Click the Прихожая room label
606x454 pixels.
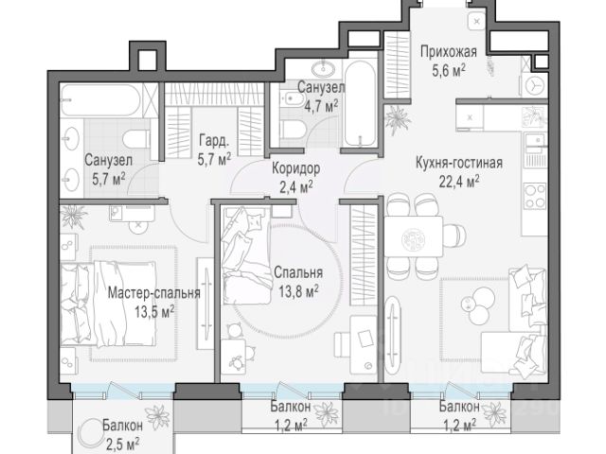pyautogui.click(x=448, y=52)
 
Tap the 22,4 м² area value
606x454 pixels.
pyautogui.click(x=459, y=181)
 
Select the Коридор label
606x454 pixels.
pyautogui.click(x=296, y=168)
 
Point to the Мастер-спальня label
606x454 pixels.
pyautogui.click(x=153, y=293)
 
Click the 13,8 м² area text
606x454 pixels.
pyautogui.click(x=298, y=290)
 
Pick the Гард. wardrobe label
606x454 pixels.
pyautogui.click(x=214, y=141)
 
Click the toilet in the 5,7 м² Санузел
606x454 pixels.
pyautogui.click(x=136, y=139)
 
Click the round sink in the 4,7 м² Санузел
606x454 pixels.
pyautogui.click(x=322, y=69)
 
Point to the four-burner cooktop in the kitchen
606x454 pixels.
pyautogui.click(x=535, y=196)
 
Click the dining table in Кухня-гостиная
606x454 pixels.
pyautogui.click(x=413, y=236)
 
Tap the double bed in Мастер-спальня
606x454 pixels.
pyautogui.click(x=109, y=304)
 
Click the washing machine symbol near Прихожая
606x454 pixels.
pyautogui.click(x=535, y=86)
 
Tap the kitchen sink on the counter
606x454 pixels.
pyautogui.click(x=535, y=140)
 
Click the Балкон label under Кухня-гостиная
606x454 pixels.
pyautogui.click(x=459, y=406)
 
